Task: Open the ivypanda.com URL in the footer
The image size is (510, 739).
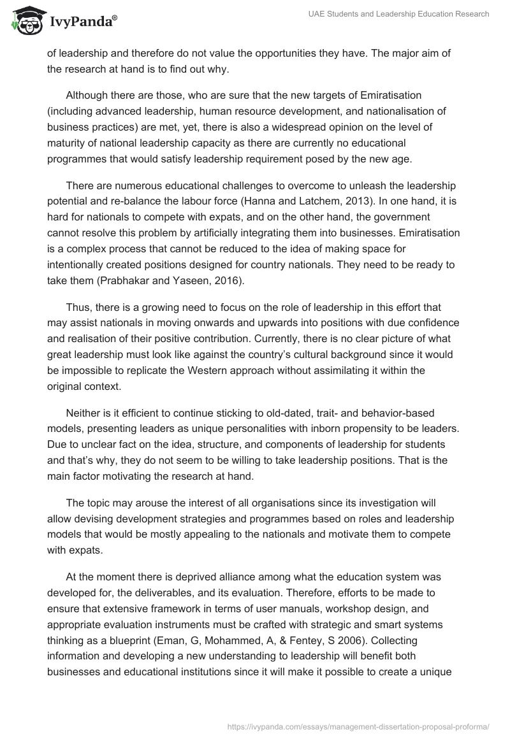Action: coord(359,726)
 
